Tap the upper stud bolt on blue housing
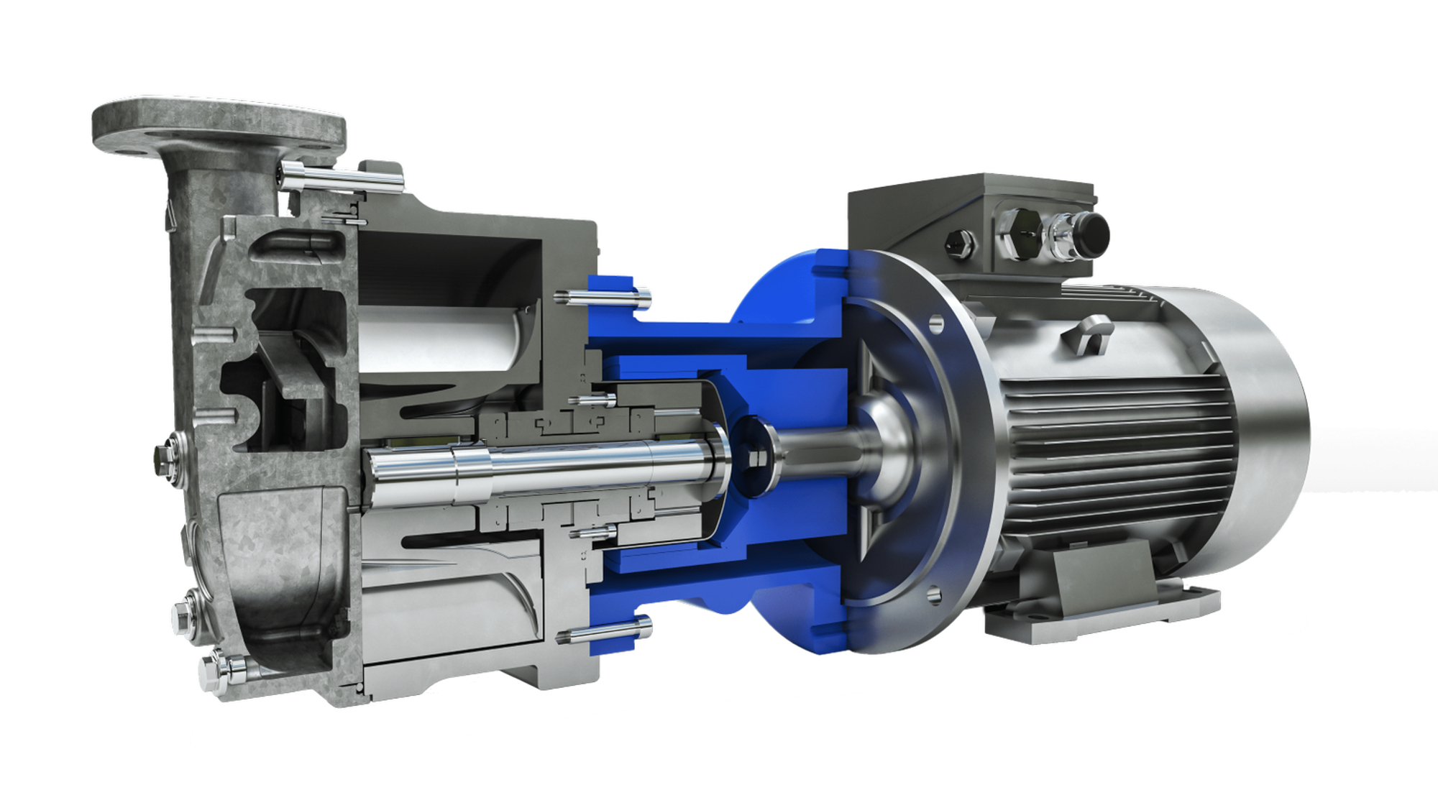click(604, 297)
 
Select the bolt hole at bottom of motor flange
click(935, 594)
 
